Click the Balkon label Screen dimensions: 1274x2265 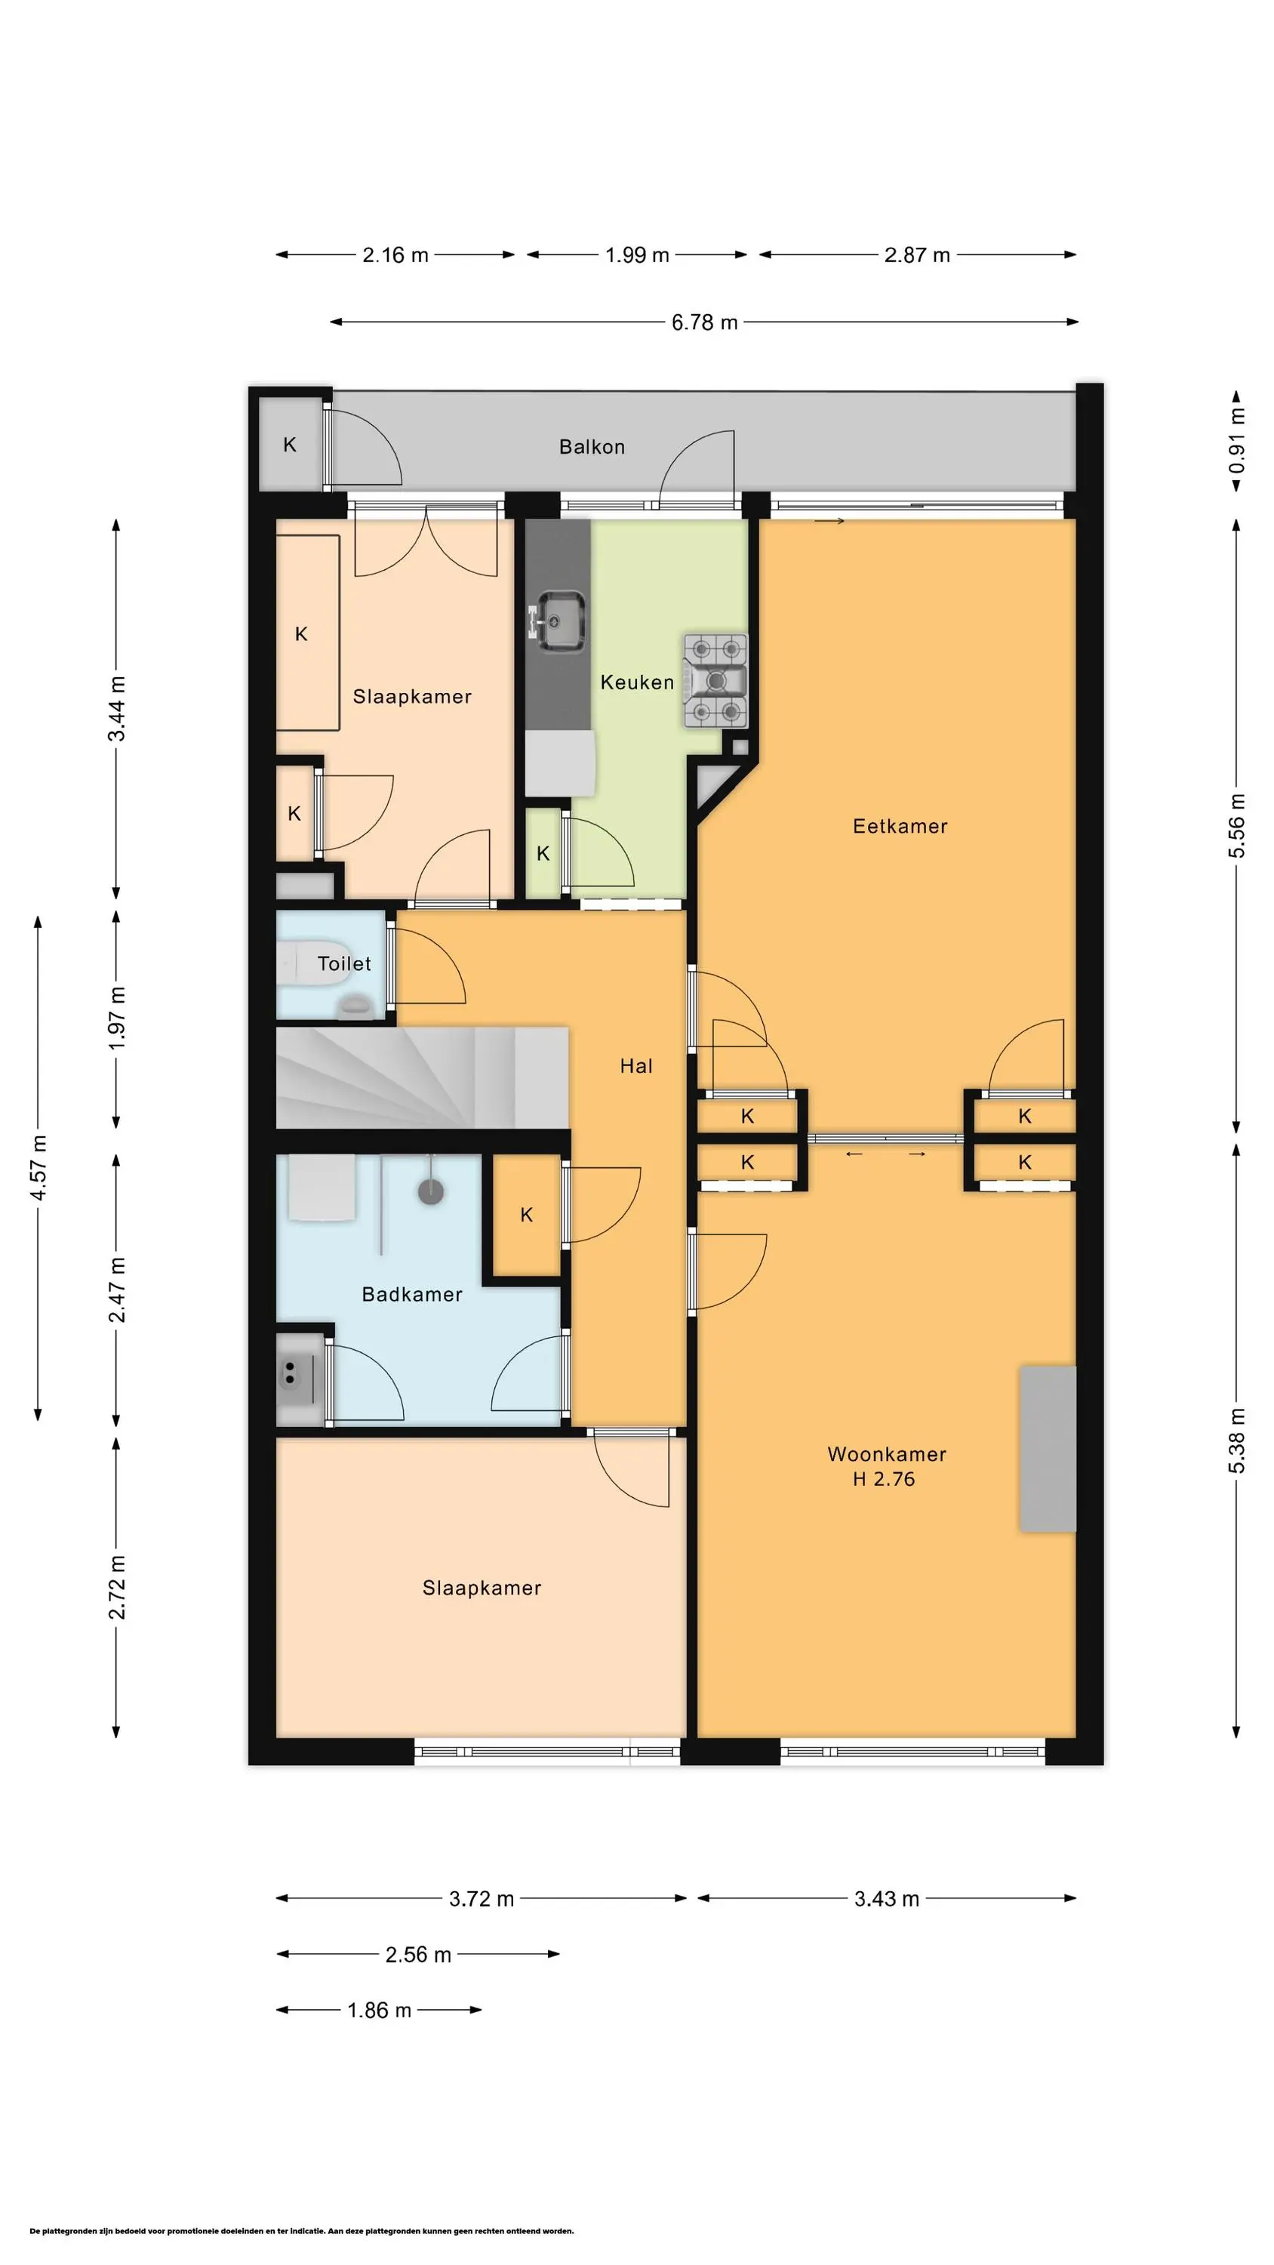592,447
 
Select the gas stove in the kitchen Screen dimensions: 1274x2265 715,680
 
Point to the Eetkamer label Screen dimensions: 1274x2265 900,826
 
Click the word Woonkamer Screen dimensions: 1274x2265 886,1453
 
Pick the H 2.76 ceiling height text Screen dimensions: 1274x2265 884,1479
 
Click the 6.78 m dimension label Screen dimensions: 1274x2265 704,322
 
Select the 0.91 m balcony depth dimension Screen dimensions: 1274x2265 1236,440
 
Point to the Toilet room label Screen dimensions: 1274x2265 343,963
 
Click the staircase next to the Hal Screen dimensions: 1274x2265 422,1078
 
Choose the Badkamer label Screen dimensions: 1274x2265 411,1294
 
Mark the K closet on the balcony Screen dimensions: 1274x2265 290,445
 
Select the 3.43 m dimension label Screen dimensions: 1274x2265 886,1898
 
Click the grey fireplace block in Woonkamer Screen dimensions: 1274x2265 1047,1448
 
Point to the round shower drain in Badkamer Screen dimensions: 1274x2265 431,1191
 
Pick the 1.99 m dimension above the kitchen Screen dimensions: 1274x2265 636,255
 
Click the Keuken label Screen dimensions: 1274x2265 636,683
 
